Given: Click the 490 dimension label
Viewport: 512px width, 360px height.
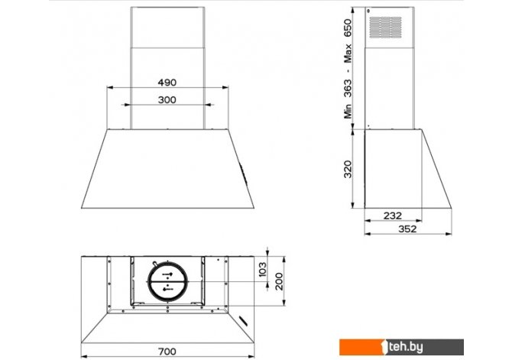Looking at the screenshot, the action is pos(167,83).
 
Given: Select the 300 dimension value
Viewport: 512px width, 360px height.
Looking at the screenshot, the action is pos(167,99).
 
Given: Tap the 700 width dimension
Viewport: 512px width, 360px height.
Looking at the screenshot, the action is pos(167,352).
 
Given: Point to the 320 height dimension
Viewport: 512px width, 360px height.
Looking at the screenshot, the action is pos(348,169).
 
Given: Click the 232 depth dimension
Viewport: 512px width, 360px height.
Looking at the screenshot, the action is pos(393,216).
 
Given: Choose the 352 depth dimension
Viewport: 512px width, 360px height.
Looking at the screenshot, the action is pos(407,229).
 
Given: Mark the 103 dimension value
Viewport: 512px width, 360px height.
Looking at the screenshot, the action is pos(263,269).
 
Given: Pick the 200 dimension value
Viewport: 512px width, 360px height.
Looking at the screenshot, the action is pos(279,281).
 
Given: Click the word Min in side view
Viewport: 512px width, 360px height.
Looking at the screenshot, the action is pos(348,111).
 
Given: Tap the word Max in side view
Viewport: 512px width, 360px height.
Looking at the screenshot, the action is pos(348,53).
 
